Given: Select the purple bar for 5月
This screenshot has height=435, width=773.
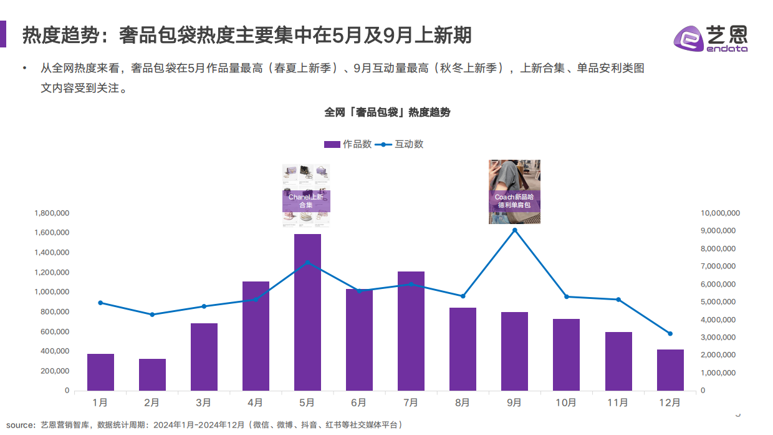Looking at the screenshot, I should (x=307, y=312).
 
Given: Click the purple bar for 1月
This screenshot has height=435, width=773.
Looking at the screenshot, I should (x=100, y=372).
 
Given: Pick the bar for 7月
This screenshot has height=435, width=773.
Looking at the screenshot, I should (x=411, y=331).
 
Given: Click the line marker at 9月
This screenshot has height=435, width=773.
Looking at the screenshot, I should (x=514, y=230).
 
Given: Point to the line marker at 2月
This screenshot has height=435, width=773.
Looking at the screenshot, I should (x=152, y=315).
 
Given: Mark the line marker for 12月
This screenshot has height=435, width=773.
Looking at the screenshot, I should (x=670, y=333).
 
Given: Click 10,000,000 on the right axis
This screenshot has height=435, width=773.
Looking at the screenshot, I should (x=720, y=213).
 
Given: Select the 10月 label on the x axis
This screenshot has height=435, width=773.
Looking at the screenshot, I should (x=566, y=403).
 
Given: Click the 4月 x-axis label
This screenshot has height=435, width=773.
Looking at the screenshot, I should (x=256, y=403).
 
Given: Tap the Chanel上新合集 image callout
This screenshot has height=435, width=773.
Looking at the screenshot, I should (x=306, y=195).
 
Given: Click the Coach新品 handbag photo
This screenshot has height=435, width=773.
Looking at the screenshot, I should (x=514, y=192).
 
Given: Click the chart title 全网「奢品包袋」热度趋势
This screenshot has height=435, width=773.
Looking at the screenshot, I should (x=387, y=112).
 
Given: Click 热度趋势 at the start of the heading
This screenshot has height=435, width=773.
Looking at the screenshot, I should (x=60, y=35).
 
